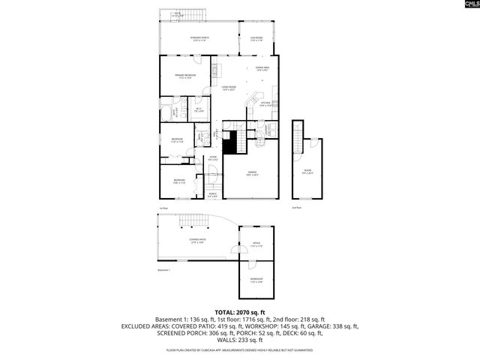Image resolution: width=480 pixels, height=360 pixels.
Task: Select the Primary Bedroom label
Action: (x=185, y=76)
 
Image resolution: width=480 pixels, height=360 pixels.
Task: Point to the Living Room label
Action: (x=229, y=88)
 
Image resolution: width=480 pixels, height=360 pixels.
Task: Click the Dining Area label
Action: (x=261, y=69)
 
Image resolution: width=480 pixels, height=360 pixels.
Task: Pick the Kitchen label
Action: (x=265, y=104)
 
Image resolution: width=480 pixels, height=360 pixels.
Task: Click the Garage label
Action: (x=253, y=174)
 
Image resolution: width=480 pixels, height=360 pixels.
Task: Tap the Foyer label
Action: (x=213, y=157)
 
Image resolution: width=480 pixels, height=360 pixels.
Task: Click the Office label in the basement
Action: (x=255, y=243)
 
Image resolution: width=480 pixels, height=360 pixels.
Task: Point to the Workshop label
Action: (x=256, y=280)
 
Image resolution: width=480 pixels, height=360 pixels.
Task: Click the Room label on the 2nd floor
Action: (x=307, y=172)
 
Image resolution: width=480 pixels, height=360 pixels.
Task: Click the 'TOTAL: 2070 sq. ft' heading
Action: (x=240, y=312)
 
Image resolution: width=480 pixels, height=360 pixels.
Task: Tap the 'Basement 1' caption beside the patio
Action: (x=163, y=269)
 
